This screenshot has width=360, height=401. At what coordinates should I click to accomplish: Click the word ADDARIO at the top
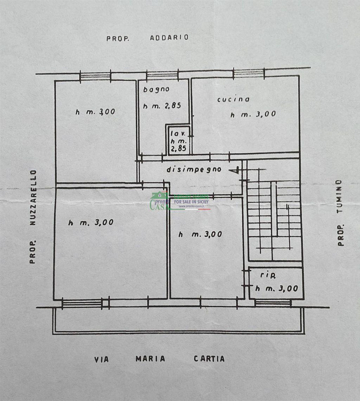click(169, 38)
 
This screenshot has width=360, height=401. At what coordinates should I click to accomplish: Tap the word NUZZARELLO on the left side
click(33, 198)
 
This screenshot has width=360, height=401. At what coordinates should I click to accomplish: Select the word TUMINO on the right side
click(339, 196)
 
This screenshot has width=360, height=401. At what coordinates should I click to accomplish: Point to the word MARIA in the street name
click(150, 359)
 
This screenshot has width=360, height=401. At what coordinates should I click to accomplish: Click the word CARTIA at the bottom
click(209, 359)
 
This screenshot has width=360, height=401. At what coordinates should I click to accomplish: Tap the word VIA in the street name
click(102, 359)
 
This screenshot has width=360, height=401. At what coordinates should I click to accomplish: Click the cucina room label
click(233, 99)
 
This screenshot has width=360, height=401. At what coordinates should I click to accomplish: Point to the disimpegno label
click(194, 170)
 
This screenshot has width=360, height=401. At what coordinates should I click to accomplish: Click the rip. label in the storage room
click(268, 275)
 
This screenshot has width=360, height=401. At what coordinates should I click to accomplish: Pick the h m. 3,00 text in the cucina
click(253, 114)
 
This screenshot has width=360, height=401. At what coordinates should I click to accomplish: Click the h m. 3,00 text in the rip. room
click(277, 289)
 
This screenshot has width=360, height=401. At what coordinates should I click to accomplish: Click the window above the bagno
click(162, 75)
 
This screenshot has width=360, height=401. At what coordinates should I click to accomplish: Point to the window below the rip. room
click(273, 303)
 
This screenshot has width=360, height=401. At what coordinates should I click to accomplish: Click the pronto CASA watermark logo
click(179, 201)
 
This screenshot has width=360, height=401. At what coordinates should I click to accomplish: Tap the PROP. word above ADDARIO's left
click(118, 39)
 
